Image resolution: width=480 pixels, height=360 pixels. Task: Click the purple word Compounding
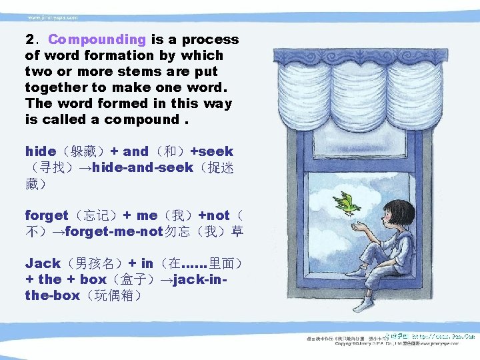coord(97,40)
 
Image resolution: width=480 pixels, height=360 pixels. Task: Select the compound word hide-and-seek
coord(143,167)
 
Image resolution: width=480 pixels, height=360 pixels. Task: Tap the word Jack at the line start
coord(43,263)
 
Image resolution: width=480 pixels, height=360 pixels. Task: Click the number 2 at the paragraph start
coord(29,40)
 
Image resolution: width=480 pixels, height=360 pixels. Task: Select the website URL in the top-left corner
coord(53,17)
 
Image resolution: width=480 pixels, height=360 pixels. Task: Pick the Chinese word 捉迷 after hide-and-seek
coord(219,167)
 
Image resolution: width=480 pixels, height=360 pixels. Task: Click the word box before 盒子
coord(93,279)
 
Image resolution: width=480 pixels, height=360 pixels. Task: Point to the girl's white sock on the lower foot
coord(363,305)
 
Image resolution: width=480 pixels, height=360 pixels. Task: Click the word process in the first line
coord(210,40)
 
